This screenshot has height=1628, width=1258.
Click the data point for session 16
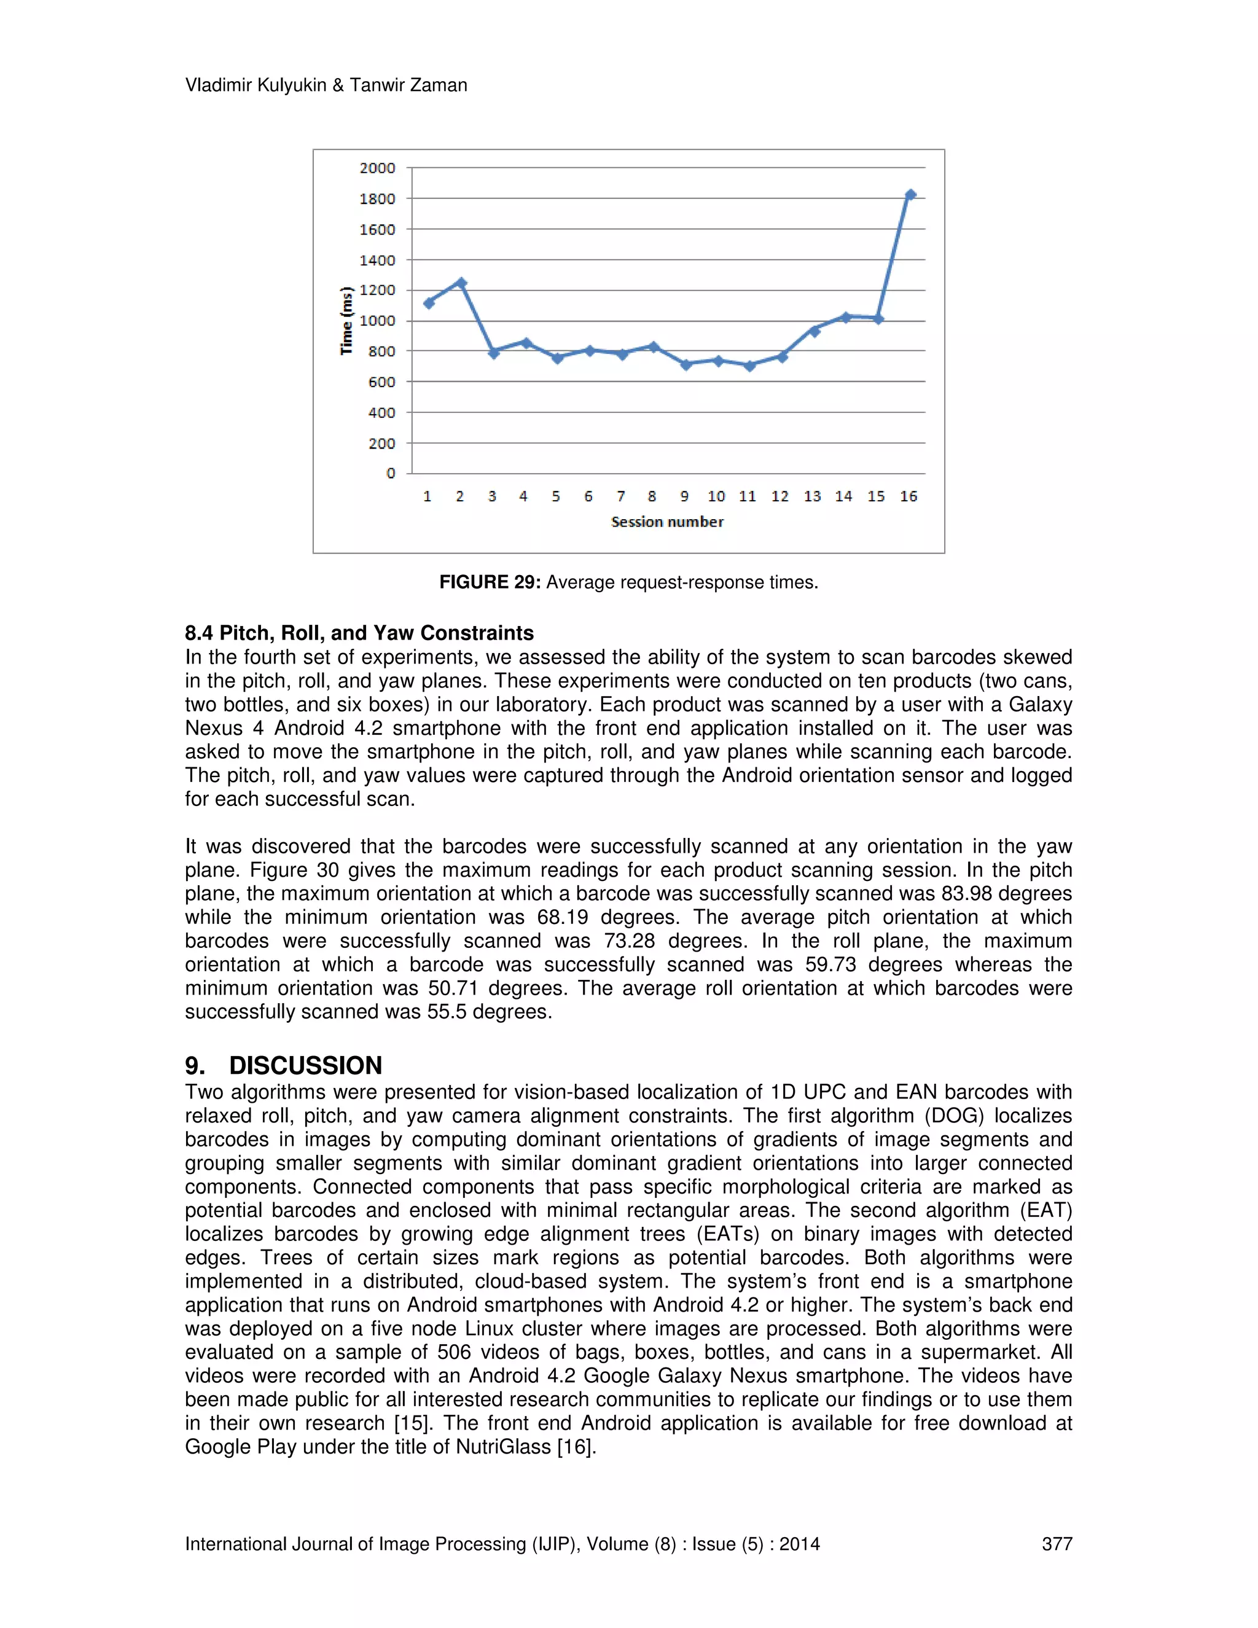(909, 195)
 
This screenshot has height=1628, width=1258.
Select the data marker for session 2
(461, 283)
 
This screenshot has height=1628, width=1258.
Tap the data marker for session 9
(686, 364)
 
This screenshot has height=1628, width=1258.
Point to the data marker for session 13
(814, 331)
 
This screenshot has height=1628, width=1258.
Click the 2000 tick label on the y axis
(377, 168)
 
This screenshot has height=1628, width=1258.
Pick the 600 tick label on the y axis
(381, 382)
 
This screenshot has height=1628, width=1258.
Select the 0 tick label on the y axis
(391, 473)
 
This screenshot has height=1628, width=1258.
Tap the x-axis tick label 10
(716, 496)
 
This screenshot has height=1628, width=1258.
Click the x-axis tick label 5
(556, 496)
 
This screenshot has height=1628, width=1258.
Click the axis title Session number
(667, 522)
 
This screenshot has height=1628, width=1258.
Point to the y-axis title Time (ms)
(346, 321)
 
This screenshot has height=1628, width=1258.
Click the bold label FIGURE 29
(490, 582)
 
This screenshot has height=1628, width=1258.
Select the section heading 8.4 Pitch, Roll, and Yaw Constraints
(359, 633)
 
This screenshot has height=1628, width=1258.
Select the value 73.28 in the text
(629, 941)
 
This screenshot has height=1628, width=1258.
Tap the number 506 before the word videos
(454, 1352)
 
